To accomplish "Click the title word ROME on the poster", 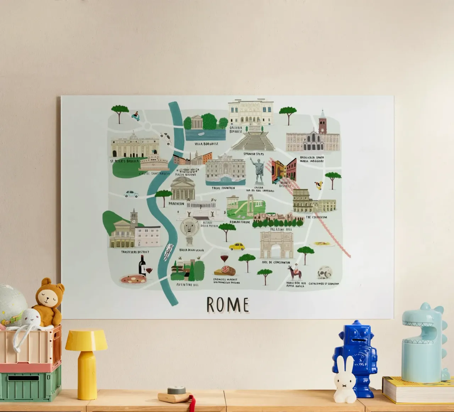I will [x=228, y=305].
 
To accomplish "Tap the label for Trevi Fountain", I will [x=223, y=188].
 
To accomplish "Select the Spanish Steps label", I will [x=254, y=154].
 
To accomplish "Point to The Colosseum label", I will [x=316, y=217].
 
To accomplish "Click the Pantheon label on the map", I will [x=176, y=204].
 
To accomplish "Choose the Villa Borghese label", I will [x=206, y=144].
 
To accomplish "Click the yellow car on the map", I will [x=237, y=246].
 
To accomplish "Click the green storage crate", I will [x=30, y=382].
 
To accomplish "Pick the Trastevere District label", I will [x=135, y=252].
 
